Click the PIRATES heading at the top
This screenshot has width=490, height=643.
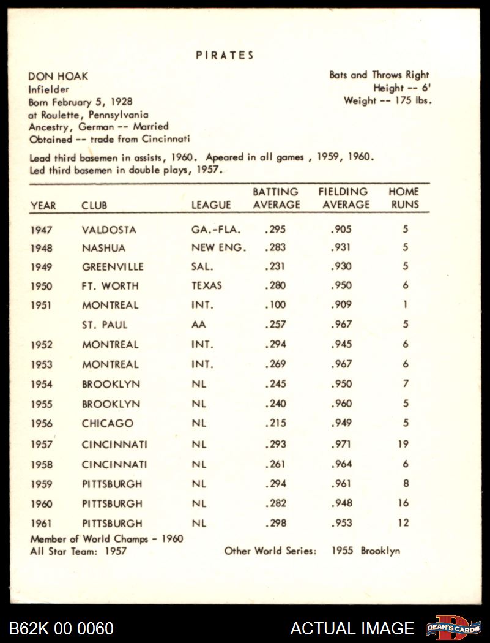coord(225,55)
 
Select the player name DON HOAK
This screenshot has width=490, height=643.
coord(58,77)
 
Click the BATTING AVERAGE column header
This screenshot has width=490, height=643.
coord(276,198)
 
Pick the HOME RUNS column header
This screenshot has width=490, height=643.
coord(403,198)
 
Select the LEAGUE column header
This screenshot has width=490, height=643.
coord(211,205)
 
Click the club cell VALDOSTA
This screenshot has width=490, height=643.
coord(109,230)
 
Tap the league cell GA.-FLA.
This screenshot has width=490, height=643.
coord(216,230)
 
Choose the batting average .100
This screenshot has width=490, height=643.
coord(275,305)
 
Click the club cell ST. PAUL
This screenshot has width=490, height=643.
coord(105,325)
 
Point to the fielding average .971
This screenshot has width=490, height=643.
coord(341,444)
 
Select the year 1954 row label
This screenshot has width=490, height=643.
coord(42,385)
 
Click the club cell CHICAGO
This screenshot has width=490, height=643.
coord(108,424)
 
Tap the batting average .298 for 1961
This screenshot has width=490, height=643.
coord(275,523)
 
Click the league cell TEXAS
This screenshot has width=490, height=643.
coord(207,285)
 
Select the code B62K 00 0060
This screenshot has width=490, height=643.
coord(61,628)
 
